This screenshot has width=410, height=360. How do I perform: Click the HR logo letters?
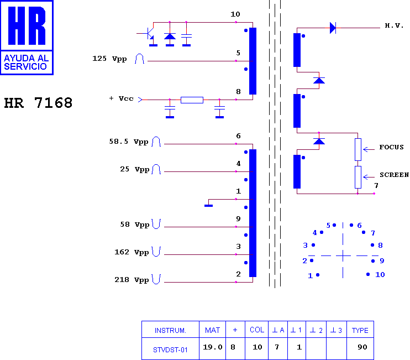pos(27,25)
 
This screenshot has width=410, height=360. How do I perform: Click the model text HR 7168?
pos(38,103)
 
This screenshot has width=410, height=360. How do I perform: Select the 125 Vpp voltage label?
pos(109,59)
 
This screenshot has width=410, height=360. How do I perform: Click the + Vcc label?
pos(122,98)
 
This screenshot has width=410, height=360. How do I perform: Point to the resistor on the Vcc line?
pos(192,100)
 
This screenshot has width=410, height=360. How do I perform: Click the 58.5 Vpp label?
pos(129,142)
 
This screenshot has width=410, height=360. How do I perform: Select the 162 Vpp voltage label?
pos(132,252)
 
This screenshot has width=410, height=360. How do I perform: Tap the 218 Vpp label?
pos(132,280)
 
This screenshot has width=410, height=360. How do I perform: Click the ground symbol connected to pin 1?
pos(208,206)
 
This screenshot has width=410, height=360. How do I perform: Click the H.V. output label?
pos(394,25)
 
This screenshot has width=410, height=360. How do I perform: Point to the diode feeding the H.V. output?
pos(333,28)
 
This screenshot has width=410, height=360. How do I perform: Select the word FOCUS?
pos(391,147)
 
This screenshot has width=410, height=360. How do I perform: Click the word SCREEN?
pos(395,175)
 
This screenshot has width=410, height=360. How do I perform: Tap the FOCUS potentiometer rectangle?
pos(358,150)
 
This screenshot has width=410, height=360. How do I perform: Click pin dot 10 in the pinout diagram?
pos(368,274)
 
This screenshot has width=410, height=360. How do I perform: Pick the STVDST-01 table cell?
pos(171,348)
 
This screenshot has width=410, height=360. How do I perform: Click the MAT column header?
pos(212,330)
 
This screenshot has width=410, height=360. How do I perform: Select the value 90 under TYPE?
pos(362,347)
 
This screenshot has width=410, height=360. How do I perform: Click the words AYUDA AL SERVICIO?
pos(26,62)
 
